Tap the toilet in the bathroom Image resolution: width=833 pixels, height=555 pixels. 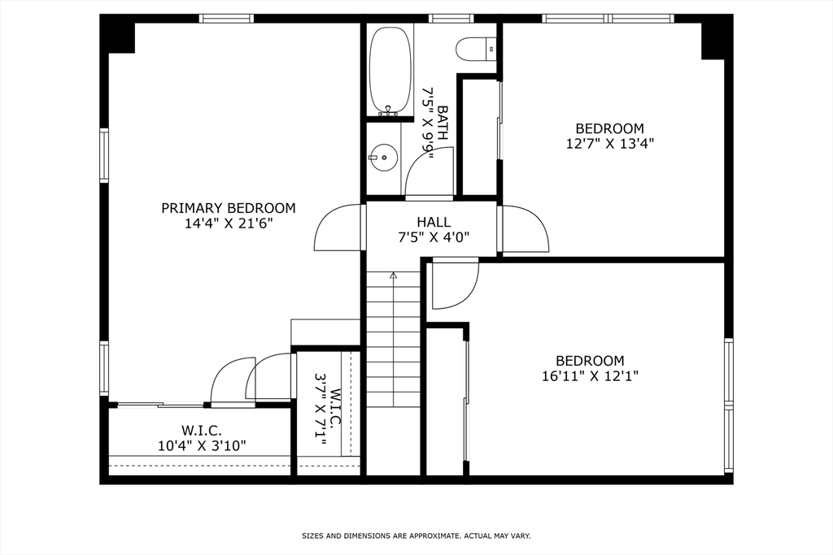475,49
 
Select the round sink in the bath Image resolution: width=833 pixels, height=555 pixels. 383,158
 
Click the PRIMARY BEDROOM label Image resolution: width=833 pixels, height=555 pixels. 229,208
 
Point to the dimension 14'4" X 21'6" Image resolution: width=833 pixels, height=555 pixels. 229,223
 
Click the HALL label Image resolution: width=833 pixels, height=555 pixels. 434,222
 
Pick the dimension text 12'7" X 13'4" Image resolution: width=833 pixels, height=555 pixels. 610,143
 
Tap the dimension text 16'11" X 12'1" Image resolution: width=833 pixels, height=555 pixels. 590,376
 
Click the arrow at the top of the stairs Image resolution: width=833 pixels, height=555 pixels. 393,275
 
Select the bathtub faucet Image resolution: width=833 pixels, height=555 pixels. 388,111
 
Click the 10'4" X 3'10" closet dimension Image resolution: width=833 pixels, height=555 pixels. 202,445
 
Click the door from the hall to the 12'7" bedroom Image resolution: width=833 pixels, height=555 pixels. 523,228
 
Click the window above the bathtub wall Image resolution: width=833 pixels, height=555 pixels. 451,19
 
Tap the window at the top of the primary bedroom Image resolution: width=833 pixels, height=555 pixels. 226,19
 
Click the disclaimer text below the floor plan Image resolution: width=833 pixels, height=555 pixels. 416,535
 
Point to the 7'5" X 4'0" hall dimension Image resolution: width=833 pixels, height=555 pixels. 434,237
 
